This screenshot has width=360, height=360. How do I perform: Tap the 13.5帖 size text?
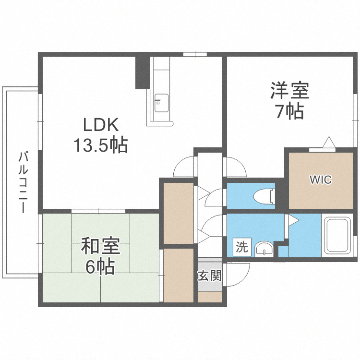100,144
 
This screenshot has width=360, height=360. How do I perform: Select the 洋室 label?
289,91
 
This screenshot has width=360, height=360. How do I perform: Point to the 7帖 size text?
289,111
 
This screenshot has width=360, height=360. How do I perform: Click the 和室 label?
100,247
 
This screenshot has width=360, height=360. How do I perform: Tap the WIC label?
320,180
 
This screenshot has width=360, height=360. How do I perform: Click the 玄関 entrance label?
210,276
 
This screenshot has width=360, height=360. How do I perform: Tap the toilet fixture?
264,196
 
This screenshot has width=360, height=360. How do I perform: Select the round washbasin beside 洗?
263,249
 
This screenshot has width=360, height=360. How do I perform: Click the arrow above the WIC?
329,142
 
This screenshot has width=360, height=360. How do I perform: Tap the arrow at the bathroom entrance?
293,220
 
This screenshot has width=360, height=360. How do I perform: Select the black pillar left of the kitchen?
142,72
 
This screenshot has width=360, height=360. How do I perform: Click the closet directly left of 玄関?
179,275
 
